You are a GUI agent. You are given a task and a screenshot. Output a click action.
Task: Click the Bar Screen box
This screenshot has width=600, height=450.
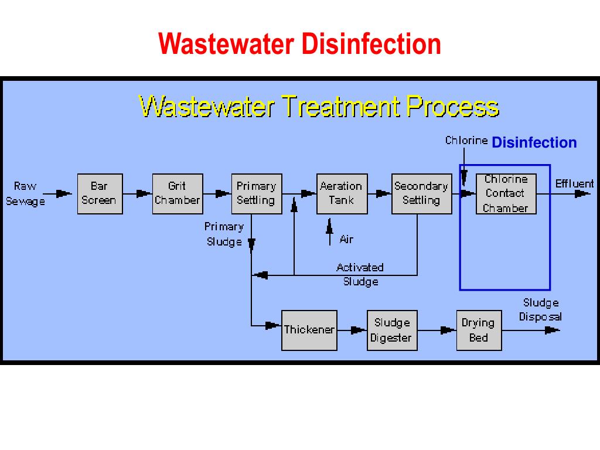coord(100,194)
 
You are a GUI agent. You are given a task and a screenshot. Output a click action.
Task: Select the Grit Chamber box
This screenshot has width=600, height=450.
coord(177,194)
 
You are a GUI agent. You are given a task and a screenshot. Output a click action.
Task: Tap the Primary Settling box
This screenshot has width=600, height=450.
coord(256,194)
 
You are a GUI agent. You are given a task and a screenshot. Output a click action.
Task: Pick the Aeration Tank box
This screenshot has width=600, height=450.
coord(342,194)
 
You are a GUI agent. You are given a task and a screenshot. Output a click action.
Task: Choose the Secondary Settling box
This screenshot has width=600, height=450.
coord(421,194)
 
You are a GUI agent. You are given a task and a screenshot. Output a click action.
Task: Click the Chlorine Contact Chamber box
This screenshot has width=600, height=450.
coord(506,194)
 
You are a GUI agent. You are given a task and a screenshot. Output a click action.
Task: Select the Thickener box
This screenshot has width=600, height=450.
coord(309,330)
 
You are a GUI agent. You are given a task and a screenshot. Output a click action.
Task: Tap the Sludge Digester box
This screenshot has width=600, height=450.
coord(392,330)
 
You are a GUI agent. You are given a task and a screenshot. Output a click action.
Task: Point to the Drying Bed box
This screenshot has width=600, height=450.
coord(479,330)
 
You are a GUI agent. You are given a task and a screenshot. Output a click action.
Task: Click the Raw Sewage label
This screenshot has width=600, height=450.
coord(25,194)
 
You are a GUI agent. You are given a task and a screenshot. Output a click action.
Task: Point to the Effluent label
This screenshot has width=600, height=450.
coord(574,184)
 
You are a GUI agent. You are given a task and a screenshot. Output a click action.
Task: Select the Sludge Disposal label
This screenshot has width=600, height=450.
coord(540,310)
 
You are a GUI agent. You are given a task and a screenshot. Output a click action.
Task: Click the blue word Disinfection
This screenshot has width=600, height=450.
coord(534,143)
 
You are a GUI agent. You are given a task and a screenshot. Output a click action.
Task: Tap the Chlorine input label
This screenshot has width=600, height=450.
coord(466,141)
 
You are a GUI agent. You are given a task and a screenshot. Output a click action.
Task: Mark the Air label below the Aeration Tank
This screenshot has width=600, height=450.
coord(346,239)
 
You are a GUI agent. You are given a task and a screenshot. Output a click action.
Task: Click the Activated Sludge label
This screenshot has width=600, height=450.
coord(360,274)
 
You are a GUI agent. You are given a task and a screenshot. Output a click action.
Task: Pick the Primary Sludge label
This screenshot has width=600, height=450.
coord(224,234)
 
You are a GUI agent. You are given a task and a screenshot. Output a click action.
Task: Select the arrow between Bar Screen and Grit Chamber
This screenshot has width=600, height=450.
coord(142,193)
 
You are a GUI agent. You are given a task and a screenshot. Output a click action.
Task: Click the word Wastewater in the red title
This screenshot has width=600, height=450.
coord(227,45)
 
